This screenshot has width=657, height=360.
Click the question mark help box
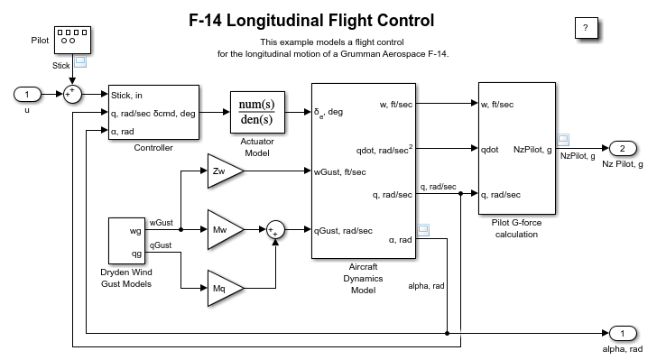(x=587, y=28)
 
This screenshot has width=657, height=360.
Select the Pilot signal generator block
(x=72, y=41)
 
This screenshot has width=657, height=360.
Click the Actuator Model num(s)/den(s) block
(x=257, y=112)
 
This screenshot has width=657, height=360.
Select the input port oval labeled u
(x=27, y=95)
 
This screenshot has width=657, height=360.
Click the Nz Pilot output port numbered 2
(x=623, y=148)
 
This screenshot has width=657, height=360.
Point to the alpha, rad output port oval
(x=623, y=334)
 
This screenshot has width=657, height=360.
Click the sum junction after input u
(x=72, y=95)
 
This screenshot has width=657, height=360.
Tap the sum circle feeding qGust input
(x=275, y=230)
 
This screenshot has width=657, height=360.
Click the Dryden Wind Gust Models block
(x=126, y=241)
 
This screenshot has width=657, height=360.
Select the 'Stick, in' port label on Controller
(x=126, y=96)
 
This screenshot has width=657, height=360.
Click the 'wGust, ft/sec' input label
(x=340, y=171)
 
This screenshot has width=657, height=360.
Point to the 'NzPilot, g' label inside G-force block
(x=532, y=150)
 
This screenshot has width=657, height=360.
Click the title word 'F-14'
(x=205, y=20)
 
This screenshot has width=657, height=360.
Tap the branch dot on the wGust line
(x=181, y=230)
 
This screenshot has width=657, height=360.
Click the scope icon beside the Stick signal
(x=80, y=61)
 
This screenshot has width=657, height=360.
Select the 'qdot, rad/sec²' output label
(x=384, y=150)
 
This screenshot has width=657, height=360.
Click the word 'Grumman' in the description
(x=357, y=54)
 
